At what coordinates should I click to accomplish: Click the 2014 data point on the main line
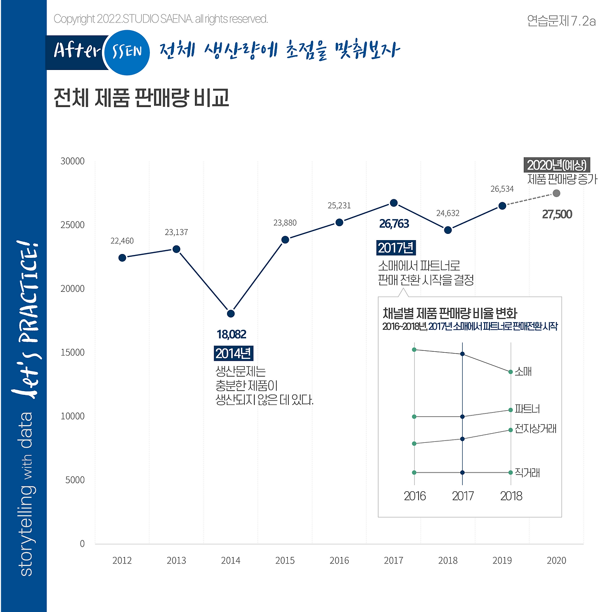231,313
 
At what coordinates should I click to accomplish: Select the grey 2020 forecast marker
556,193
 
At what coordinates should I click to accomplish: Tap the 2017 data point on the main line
394,203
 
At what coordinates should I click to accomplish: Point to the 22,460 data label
122,241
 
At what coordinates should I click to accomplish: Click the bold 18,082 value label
231,334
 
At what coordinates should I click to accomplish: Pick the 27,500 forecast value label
557,214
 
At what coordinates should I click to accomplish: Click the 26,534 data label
502,189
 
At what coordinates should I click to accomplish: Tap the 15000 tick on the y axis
72,352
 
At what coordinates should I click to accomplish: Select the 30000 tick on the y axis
72,161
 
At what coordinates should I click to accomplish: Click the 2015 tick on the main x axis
285,560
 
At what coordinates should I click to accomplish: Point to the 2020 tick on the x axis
556,560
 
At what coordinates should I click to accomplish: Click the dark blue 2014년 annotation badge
233,354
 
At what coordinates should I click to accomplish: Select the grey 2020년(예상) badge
556,165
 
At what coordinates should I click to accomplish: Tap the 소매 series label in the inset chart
523,371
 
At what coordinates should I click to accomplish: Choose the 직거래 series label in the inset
527,473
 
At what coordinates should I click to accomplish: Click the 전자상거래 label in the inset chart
535,428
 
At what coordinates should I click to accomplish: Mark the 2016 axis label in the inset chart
415,496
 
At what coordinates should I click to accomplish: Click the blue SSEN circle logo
126,52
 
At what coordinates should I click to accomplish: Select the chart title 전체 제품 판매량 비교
141,97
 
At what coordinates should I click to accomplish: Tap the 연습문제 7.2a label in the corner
561,21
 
